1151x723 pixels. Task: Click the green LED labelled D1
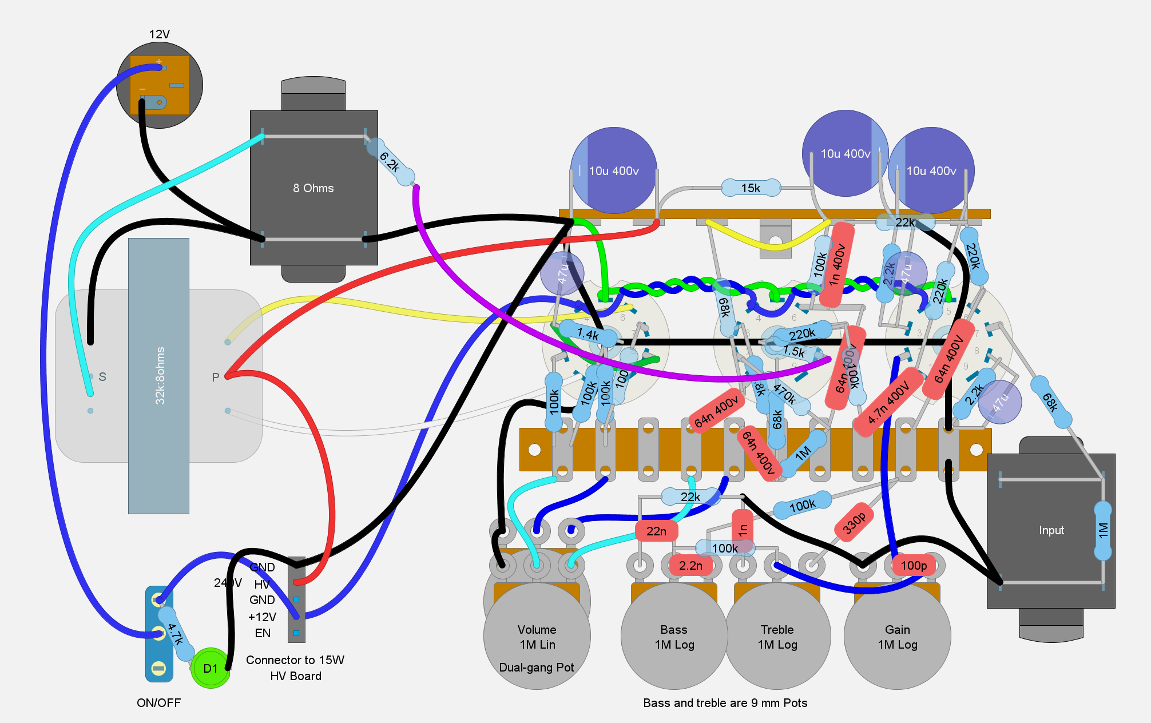[x=210, y=668]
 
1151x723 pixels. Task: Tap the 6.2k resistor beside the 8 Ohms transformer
[x=390, y=162]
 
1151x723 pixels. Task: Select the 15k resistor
[x=751, y=188]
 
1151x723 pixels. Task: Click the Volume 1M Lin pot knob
[x=537, y=637]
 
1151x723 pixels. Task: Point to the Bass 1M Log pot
[x=674, y=637]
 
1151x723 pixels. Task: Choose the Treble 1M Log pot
[x=777, y=637]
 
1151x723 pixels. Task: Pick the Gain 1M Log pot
[x=897, y=637]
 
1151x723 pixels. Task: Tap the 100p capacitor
[x=914, y=566]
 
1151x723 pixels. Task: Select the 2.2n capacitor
[x=690, y=566]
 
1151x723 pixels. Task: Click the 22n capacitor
[x=656, y=531]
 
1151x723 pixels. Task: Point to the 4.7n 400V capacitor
[x=888, y=403]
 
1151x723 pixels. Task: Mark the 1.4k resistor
[x=588, y=334]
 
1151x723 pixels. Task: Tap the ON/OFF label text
[x=158, y=702]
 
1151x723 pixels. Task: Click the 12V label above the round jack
[x=159, y=34]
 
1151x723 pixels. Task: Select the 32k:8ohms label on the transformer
[x=160, y=376]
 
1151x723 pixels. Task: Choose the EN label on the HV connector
[x=263, y=633]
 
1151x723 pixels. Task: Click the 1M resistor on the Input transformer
[x=1103, y=530]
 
